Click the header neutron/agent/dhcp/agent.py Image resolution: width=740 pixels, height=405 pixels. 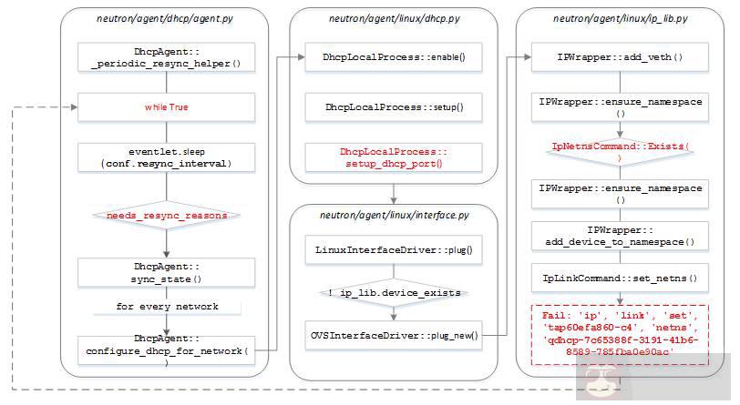[165, 18]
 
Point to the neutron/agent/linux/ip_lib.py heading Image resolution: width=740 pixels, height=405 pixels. [621, 18]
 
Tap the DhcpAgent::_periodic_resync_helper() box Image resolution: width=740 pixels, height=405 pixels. [165, 56]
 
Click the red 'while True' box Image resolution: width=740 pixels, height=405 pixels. [165, 107]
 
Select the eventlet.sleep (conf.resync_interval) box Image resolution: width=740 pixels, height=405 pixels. [165, 157]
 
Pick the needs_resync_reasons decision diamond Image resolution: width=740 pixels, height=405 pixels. [165, 216]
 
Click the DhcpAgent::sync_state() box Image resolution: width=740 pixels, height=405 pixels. [165, 270]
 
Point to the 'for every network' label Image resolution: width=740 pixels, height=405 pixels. [165, 307]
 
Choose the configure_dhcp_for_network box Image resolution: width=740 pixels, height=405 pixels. [165, 349]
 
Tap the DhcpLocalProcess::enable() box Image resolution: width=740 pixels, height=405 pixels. [394, 56]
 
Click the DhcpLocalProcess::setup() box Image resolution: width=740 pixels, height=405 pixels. [394, 107]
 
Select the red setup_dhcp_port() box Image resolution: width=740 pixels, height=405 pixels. [394, 157]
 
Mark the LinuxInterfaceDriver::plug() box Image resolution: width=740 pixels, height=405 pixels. [394, 248]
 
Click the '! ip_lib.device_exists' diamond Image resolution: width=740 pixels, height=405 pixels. [394, 292]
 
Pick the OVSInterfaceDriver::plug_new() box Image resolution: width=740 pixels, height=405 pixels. [394, 336]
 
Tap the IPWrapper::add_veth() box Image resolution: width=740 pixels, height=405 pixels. [621, 56]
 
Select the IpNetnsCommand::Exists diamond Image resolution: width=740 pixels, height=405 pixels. [621, 150]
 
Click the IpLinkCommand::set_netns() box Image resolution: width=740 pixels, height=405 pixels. [621, 278]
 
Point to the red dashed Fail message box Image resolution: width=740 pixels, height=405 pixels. [621, 333]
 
